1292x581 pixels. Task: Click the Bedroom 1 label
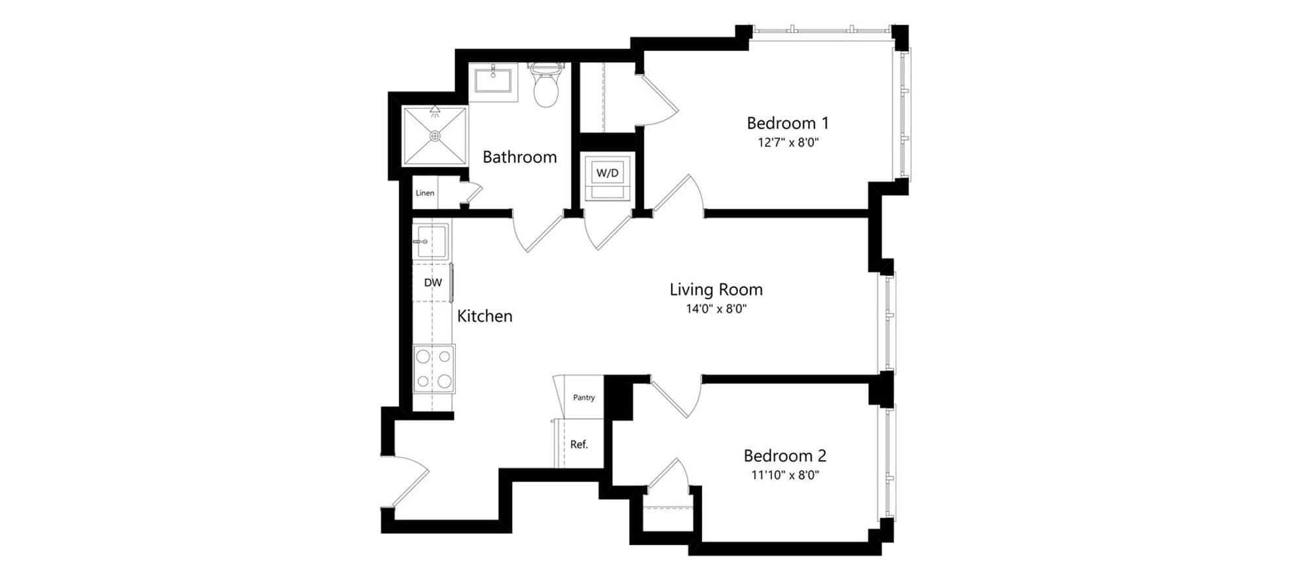(788, 123)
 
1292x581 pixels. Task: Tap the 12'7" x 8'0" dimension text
(788, 143)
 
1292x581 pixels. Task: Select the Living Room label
(716, 290)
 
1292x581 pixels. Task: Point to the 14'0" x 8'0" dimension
(716, 309)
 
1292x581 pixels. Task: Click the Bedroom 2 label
(785, 455)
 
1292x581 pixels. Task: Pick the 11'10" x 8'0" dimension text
(785, 475)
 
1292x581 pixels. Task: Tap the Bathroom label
(520, 157)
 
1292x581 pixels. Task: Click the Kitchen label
(485, 316)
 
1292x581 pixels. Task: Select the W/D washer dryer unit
(608, 177)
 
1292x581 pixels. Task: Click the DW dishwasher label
(433, 283)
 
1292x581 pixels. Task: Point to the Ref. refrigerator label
(579, 444)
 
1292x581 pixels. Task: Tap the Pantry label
(584, 397)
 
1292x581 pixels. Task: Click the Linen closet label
(425, 193)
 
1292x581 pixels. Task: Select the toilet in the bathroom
(545, 84)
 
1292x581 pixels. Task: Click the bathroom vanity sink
(492, 82)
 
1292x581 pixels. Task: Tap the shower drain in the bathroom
(435, 135)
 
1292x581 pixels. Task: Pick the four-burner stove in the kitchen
(434, 368)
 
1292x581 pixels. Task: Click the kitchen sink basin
(431, 241)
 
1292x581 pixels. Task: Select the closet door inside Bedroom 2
(667, 476)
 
